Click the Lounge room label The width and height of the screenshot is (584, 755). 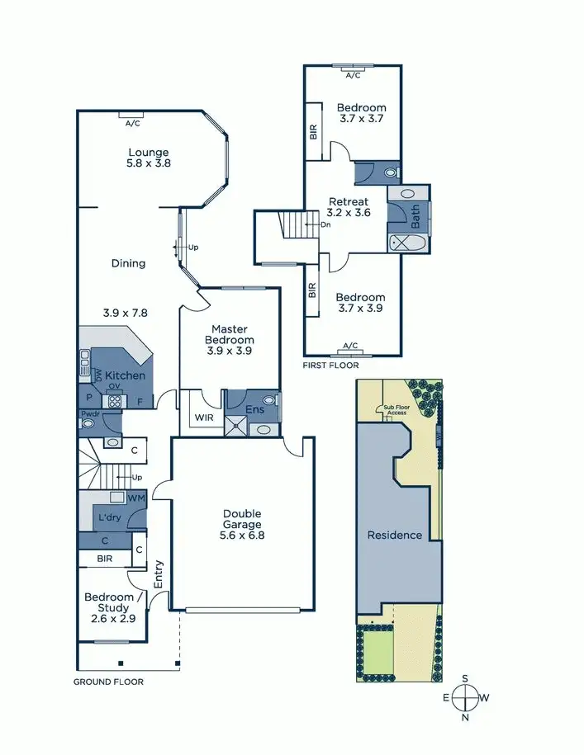[149, 152]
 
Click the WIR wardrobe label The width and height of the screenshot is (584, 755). [202, 418]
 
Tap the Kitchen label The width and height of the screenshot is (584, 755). [126, 375]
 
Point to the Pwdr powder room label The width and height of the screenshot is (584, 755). [89, 413]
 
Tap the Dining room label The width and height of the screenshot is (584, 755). [128, 263]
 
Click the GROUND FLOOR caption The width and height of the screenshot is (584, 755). [108, 682]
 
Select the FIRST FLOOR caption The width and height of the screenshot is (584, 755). [331, 364]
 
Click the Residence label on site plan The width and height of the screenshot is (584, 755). [394, 535]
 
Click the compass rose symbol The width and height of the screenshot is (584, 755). [465, 698]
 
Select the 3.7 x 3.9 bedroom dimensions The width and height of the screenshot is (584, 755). [361, 309]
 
